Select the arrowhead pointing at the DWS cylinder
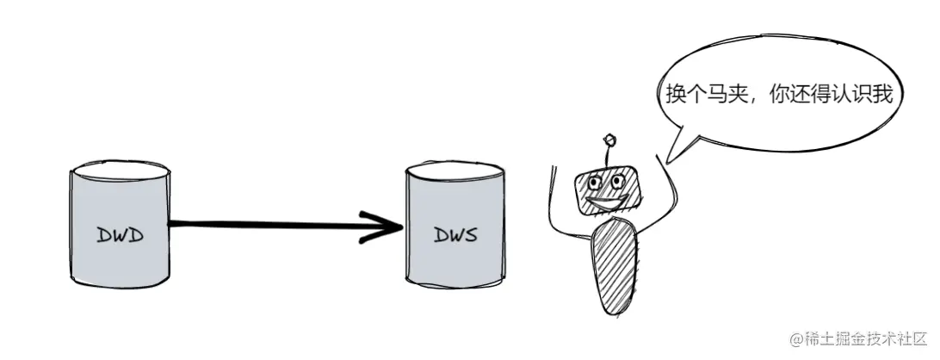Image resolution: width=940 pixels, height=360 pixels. click(387, 227)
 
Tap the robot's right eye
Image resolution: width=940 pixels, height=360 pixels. click(619, 181)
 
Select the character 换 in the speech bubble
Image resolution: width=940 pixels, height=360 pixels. click(676, 95)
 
